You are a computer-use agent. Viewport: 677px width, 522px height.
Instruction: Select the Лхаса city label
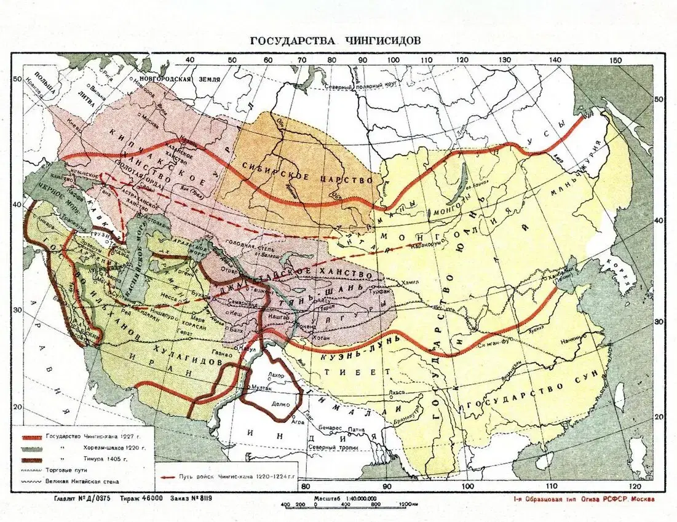click(x=397, y=392)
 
